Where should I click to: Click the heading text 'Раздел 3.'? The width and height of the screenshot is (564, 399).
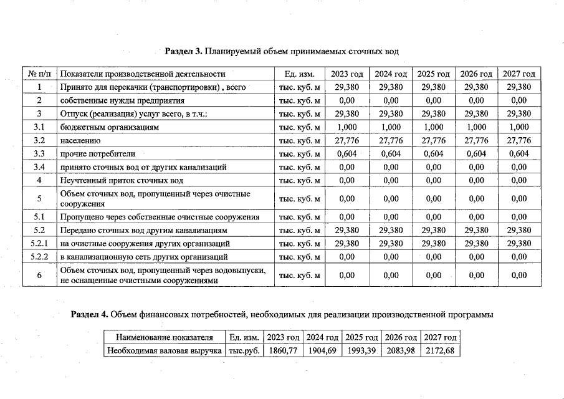point(184,50)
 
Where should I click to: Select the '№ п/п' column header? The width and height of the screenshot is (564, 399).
point(39,74)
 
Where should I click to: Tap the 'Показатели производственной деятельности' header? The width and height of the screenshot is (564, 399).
point(143,74)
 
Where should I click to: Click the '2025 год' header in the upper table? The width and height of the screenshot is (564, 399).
point(433,74)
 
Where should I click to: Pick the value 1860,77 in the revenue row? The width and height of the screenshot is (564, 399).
point(282,350)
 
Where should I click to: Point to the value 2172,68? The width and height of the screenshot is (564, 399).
point(440,350)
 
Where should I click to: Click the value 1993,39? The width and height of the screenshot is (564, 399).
point(361,350)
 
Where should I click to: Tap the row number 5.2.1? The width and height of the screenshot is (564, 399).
point(39,243)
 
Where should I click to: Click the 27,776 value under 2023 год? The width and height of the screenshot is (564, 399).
point(347,140)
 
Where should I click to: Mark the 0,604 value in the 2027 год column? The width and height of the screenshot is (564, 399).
point(519,153)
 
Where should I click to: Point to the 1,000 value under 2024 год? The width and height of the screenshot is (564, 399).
point(390,127)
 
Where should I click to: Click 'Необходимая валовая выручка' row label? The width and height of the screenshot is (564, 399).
point(165,350)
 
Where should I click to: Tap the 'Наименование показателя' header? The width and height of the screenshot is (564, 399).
point(165,337)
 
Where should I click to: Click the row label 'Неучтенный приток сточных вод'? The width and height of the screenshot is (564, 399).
point(122,180)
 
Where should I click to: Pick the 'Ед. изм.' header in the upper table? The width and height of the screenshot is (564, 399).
point(299,74)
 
